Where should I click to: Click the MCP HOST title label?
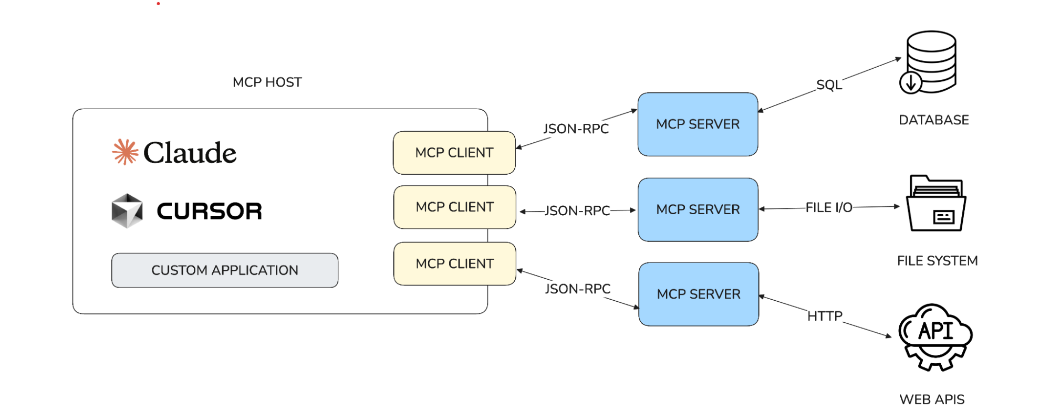[x=267, y=82]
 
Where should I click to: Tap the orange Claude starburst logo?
[x=125, y=152]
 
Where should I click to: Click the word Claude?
[x=190, y=153]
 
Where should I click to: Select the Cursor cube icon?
[x=127, y=211]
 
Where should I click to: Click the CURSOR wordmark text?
[x=209, y=211]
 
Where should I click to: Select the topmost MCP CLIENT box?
[x=454, y=153]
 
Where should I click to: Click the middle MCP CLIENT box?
[x=454, y=207]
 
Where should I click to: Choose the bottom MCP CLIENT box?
[x=454, y=263]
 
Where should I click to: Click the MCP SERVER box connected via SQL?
[x=698, y=124]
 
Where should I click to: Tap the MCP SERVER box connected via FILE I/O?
[x=698, y=209]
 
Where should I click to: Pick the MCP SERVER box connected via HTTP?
[x=698, y=294]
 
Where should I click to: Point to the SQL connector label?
[x=829, y=85]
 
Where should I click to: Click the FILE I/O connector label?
[x=829, y=208]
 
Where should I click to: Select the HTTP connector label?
[x=825, y=316]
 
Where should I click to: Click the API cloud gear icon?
[x=935, y=336]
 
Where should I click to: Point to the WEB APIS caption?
[x=932, y=399]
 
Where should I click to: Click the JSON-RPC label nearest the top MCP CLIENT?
[x=576, y=129]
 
